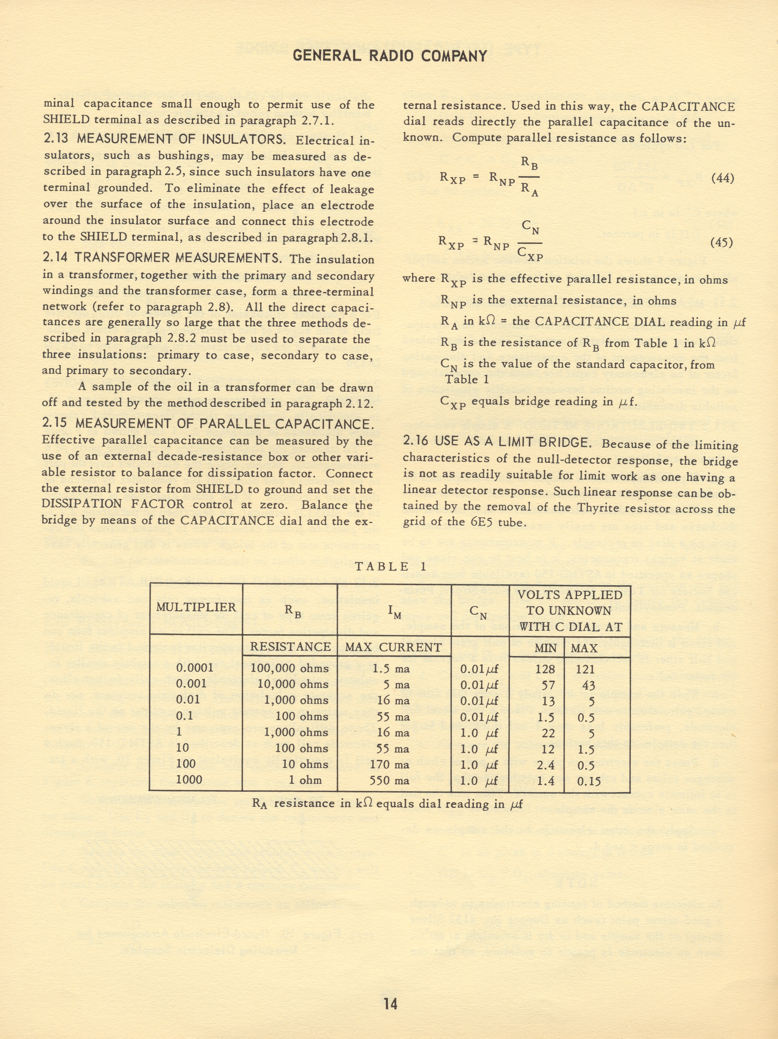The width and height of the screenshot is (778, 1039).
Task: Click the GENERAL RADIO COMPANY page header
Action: pyautogui.click(x=389, y=56)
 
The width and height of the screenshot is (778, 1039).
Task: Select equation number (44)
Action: pyautogui.click(x=722, y=178)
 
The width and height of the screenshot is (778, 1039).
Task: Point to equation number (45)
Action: pyautogui.click(x=722, y=242)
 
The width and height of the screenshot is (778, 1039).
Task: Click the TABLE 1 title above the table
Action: pyautogui.click(x=389, y=566)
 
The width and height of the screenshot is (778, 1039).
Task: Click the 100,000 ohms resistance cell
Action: pyautogui.click(x=288, y=667)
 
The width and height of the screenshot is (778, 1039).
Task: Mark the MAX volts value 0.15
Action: pyautogui.click(x=588, y=779)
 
